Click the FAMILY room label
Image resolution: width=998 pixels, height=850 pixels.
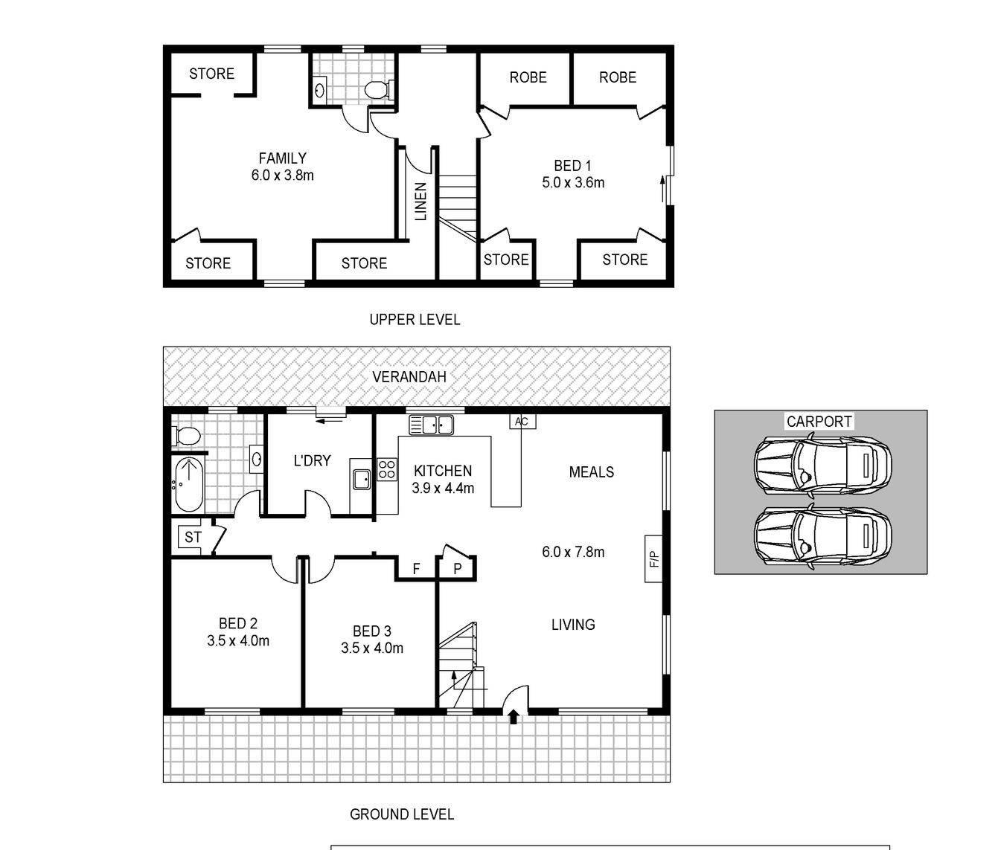pyautogui.click(x=283, y=158)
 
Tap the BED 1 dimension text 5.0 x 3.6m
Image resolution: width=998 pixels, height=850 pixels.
pyautogui.click(x=573, y=183)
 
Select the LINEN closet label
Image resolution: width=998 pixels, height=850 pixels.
pyautogui.click(x=421, y=202)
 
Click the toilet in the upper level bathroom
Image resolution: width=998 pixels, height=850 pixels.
pyautogui.click(x=379, y=90)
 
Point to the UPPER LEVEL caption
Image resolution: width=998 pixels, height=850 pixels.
pyautogui.click(x=415, y=319)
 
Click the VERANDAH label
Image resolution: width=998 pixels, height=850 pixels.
pyautogui.click(x=409, y=377)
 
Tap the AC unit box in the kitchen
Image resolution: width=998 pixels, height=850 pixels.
pyautogui.click(x=522, y=422)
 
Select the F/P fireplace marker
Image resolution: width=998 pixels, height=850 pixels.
pyautogui.click(x=654, y=559)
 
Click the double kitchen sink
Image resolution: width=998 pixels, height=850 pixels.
pyautogui.click(x=431, y=425)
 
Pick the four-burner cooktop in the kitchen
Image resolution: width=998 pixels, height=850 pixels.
pyautogui.click(x=387, y=470)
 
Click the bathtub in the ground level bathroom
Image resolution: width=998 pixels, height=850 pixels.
pyautogui.click(x=189, y=486)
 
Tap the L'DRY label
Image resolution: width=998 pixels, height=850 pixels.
pyautogui.click(x=313, y=461)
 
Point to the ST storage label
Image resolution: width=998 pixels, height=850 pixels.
pyautogui.click(x=193, y=538)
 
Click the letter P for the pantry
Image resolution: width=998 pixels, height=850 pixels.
pyautogui.click(x=458, y=569)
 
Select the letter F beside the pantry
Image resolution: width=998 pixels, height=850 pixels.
pyautogui.click(x=416, y=569)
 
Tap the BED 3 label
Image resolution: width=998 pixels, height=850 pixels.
pyautogui.click(x=372, y=631)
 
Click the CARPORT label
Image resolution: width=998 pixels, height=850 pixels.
pyautogui.click(x=819, y=422)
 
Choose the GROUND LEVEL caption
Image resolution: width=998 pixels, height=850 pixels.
pyautogui.click(x=402, y=815)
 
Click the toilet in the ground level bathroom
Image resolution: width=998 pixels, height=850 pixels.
pyautogui.click(x=186, y=436)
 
